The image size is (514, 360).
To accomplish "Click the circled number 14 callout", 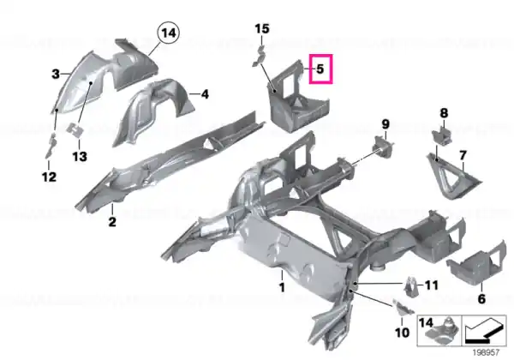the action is (169, 33).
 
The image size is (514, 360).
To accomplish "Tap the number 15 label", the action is (262, 29).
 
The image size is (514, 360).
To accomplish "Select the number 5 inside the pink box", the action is (320, 69).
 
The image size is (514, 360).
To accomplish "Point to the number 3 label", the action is (56, 74).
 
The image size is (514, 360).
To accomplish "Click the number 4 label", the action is (205, 94).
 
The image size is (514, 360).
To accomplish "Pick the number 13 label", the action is (80, 156).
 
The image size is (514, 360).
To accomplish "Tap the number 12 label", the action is (49, 177).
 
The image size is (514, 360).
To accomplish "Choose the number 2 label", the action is (112, 222).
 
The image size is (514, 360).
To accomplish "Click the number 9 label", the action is (385, 124).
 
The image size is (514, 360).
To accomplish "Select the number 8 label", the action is (444, 113).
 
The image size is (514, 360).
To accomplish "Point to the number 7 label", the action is (463, 155).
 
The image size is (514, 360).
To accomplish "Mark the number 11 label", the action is (432, 285).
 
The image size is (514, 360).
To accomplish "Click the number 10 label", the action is (403, 333).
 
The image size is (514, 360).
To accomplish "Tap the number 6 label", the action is (481, 298).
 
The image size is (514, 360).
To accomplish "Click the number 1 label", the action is (282, 287).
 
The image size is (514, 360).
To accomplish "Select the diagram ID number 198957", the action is (486, 353).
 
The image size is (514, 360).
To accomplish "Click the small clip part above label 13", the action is (75, 129).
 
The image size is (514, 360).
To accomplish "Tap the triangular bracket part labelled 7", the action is (452, 176).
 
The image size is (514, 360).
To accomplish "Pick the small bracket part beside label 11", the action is (411, 286).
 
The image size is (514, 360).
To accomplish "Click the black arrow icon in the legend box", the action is (483, 332).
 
